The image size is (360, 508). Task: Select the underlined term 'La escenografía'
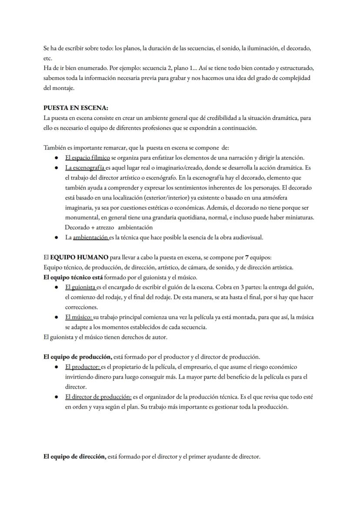click(x=85, y=167)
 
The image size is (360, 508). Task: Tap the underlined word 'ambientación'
click(x=90, y=237)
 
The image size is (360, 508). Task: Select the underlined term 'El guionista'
click(x=80, y=287)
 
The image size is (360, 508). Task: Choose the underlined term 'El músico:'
click(x=78, y=317)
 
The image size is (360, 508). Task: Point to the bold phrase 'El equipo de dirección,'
click(x=75, y=457)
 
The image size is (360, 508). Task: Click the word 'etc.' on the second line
click(x=48, y=58)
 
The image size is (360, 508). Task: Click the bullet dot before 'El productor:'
click(x=57, y=367)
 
